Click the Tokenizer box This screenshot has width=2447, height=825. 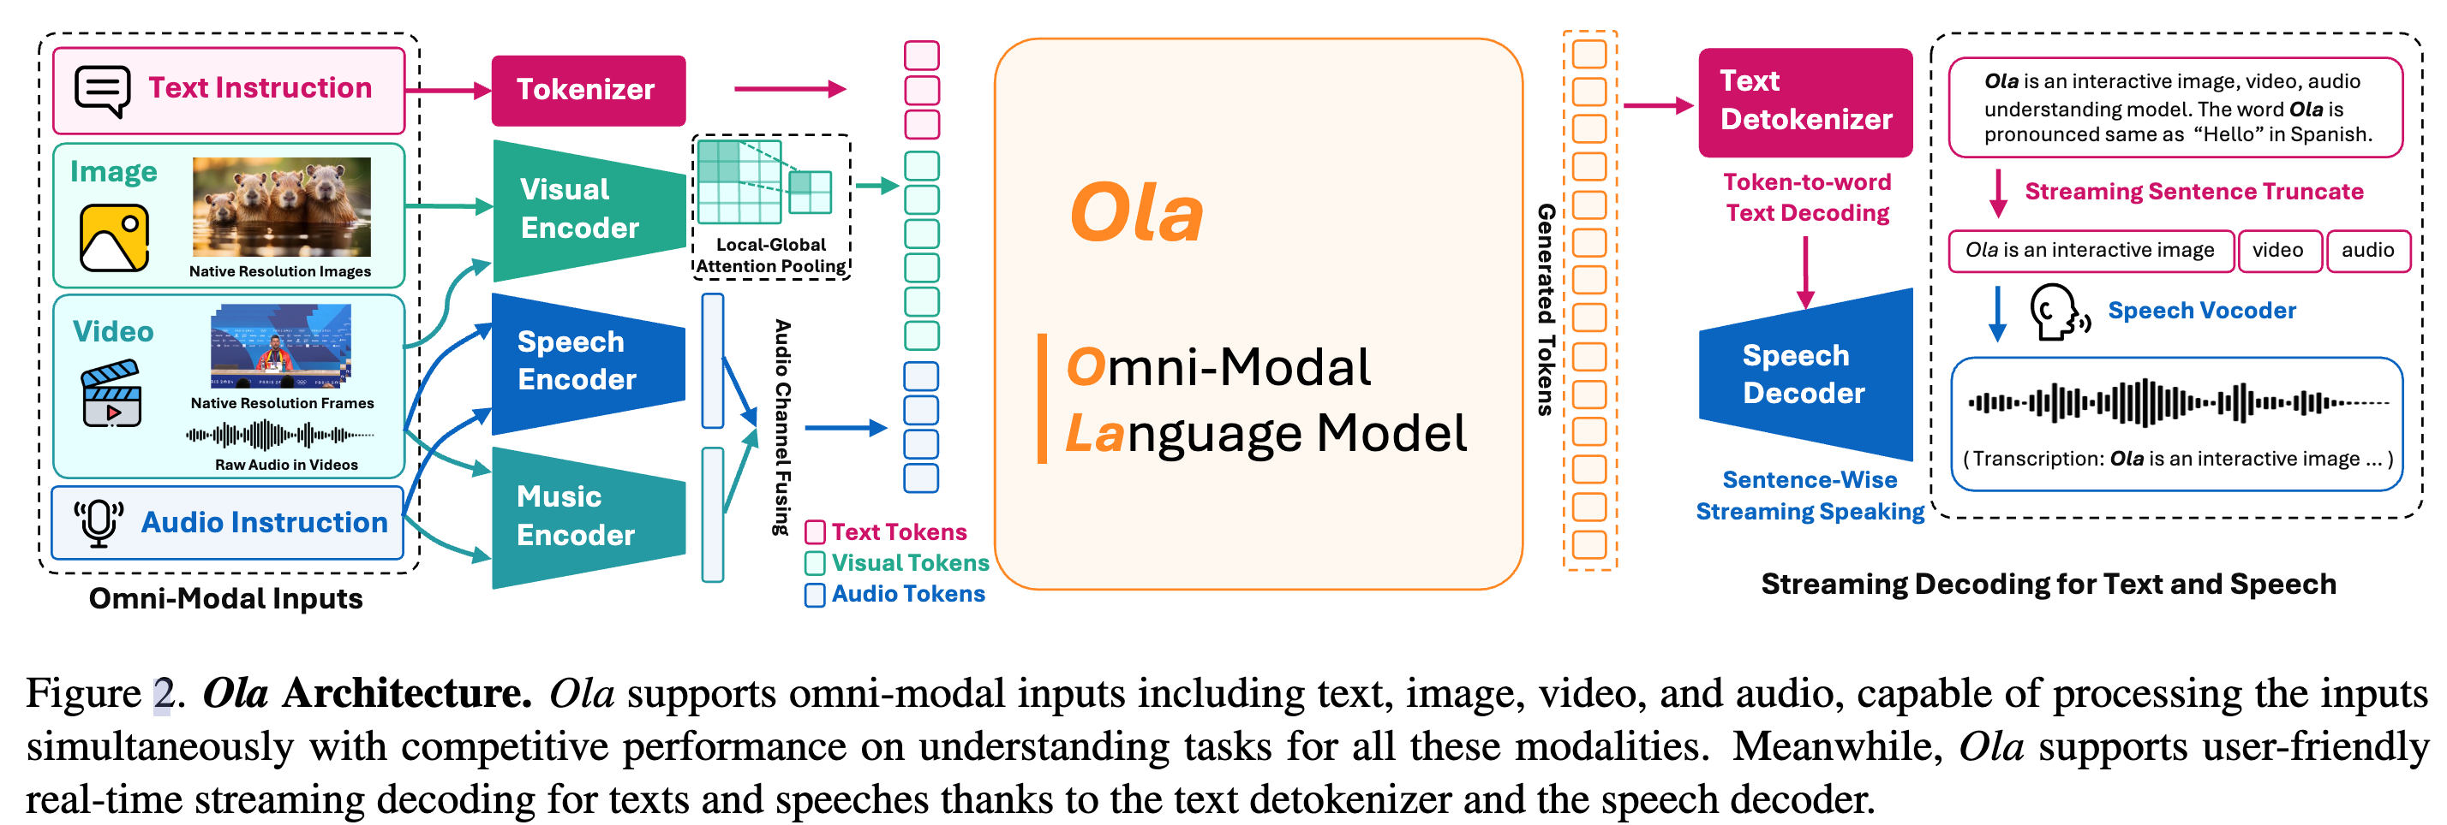click(588, 90)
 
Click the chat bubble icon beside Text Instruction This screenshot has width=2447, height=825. click(102, 90)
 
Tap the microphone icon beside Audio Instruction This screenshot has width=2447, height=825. click(99, 522)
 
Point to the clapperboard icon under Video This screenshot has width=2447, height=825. click(111, 393)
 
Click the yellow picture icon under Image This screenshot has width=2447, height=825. click(114, 237)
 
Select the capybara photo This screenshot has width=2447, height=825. click(281, 206)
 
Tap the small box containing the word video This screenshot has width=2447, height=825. click(2278, 251)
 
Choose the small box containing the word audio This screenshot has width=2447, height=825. click(2367, 251)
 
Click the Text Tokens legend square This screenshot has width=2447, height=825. click(815, 532)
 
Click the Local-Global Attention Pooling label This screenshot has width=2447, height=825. click(771, 255)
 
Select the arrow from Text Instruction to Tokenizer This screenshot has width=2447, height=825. click(447, 90)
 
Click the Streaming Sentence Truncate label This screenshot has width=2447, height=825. click(2193, 192)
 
